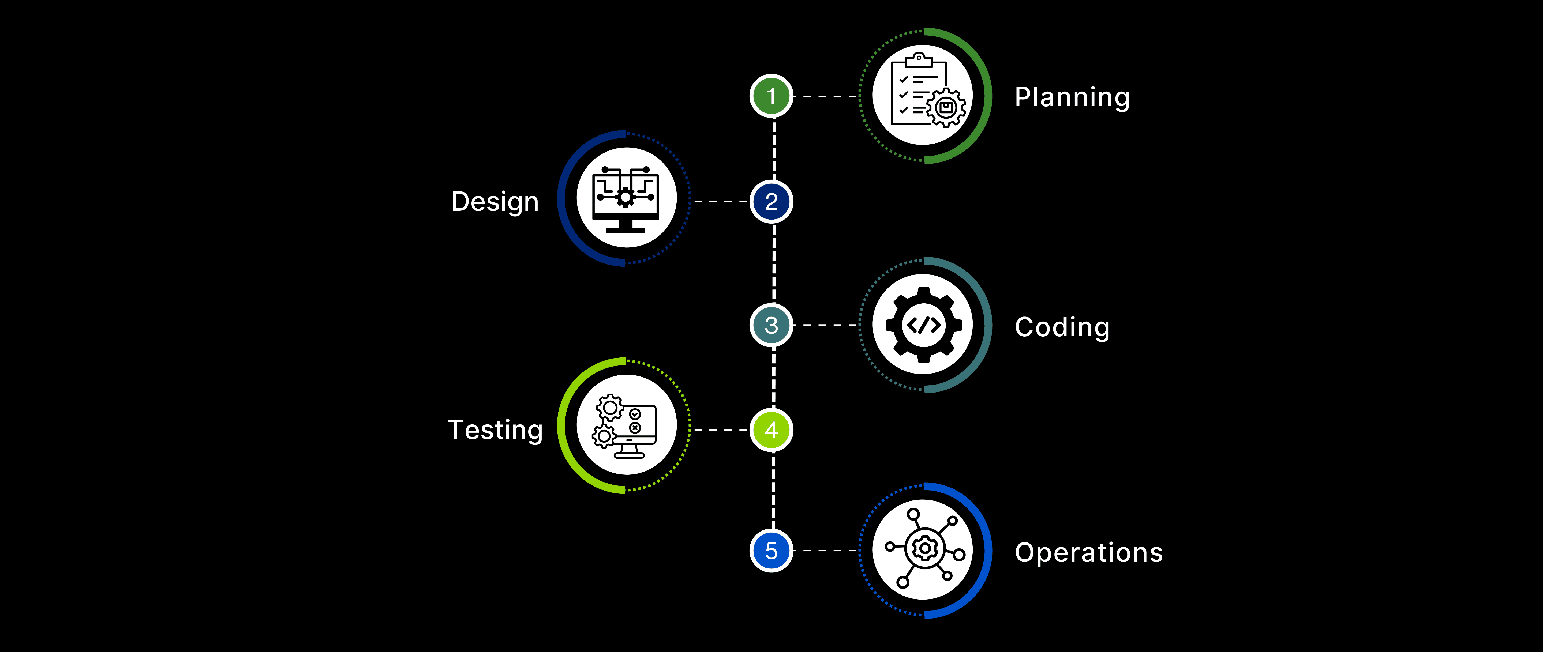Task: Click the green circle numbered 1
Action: click(x=771, y=96)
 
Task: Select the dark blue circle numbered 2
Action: click(x=771, y=202)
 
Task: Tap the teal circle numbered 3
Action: click(x=771, y=325)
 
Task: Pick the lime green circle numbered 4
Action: click(x=771, y=430)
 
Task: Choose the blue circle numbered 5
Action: click(x=771, y=550)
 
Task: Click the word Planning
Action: click(x=1072, y=97)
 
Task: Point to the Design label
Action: click(x=495, y=202)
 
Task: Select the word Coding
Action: click(x=1062, y=327)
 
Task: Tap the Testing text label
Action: click(x=495, y=430)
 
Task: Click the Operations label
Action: click(x=1088, y=552)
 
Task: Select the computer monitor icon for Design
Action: click(x=626, y=199)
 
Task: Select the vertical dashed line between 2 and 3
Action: click(x=774, y=263)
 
